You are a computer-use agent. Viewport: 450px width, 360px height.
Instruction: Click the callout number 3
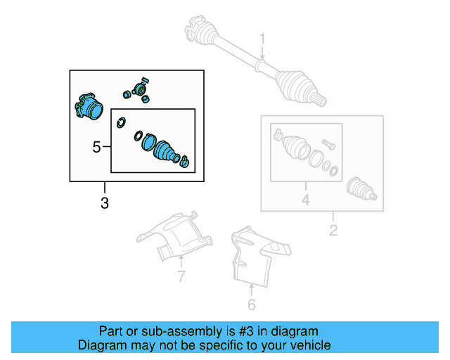pyautogui.click(x=105, y=205)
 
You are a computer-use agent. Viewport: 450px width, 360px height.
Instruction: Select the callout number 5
pyautogui.click(x=97, y=147)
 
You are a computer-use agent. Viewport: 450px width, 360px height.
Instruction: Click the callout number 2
pyautogui.click(x=334, y=230)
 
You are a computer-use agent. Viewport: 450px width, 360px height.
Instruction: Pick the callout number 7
pyautogui.click(x=181, y=276)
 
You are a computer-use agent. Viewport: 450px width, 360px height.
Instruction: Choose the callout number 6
pyautogui.click(x=252, y=304)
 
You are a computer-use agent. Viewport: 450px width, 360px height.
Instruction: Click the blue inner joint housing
pyautogui.click(x=88, y=106)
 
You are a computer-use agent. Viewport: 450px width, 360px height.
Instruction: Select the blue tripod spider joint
pyautogui.click(x=138, y=89)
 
